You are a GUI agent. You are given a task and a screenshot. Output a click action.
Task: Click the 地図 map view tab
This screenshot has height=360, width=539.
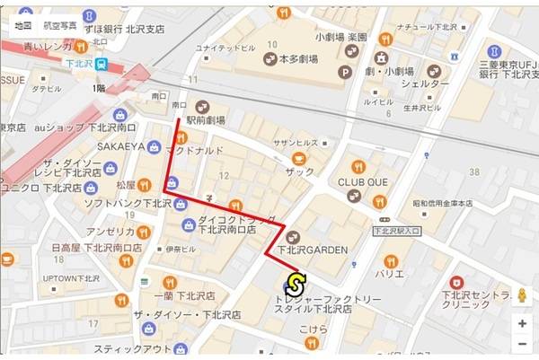[x=24, y=26]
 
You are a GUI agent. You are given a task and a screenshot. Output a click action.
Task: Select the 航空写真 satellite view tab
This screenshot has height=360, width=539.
[x=61, y=26]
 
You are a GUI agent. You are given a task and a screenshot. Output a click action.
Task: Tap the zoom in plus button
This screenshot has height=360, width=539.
[x=521, y=322]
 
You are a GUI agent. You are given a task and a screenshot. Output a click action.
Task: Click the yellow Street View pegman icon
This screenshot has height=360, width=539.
[x=521, y=295]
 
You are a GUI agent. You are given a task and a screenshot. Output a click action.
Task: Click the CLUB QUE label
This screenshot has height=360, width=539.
[x=362, y=180]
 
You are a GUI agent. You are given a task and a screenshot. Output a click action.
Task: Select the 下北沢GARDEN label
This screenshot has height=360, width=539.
[x=311, y=250]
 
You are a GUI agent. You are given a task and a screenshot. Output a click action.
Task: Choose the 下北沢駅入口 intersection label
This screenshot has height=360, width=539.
[x=396, y=232]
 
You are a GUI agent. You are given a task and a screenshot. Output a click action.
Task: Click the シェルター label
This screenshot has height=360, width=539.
[x=425, y=84]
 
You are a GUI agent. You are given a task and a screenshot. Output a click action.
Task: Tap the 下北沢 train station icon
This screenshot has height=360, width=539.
[x=103, y=65]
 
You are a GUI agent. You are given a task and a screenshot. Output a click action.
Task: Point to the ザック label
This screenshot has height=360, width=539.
[x=300, y=171]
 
